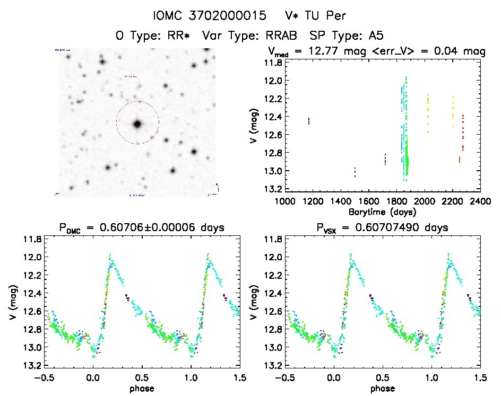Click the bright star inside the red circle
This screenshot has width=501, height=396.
(137, 124)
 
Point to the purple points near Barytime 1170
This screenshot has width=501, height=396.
(309, 121)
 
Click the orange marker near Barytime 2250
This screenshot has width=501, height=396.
(459, 159)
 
